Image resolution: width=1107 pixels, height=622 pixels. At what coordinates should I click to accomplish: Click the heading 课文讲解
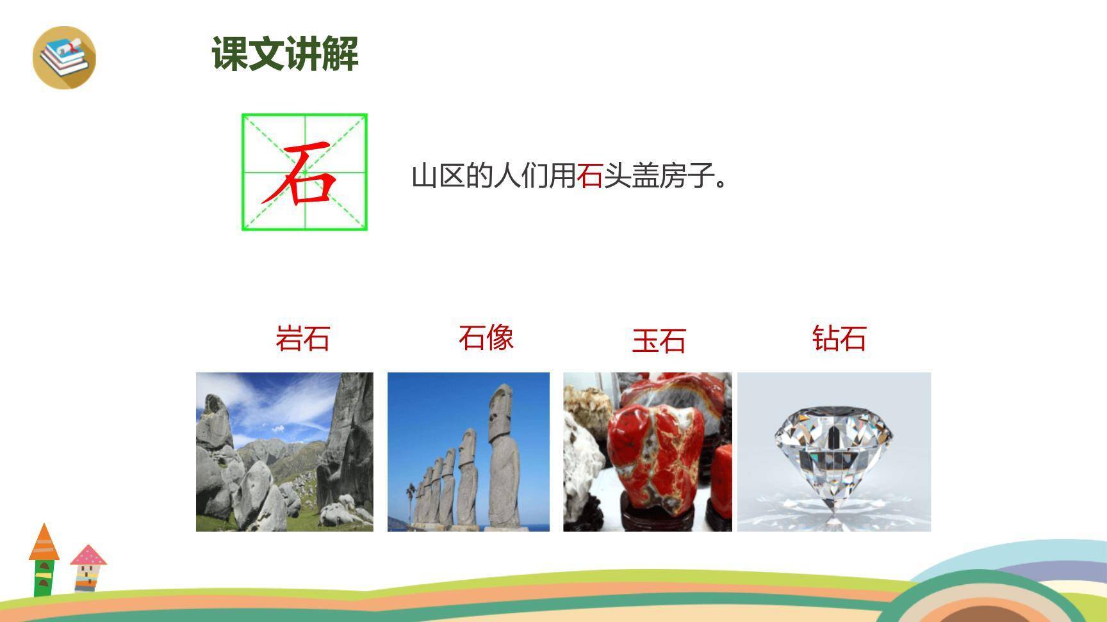pos(285,53)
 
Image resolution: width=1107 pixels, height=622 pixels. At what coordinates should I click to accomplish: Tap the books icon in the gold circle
pos(64,58)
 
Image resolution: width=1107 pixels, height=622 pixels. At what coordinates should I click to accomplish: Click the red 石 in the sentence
pos(589,176)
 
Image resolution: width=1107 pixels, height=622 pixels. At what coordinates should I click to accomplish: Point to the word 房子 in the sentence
pos(687,176)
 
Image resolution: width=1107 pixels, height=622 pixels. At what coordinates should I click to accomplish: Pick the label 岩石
pos(302,339)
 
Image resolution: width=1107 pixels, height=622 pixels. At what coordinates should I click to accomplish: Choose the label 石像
pos(486,337)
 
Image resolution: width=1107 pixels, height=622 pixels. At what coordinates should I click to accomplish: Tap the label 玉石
pos(659,341)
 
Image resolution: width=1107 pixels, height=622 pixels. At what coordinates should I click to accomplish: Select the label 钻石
pos(839,339)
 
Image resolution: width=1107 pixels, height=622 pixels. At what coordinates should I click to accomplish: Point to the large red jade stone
pos(653,454)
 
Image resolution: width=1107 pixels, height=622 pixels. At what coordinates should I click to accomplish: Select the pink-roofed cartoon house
pos(88,567)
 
